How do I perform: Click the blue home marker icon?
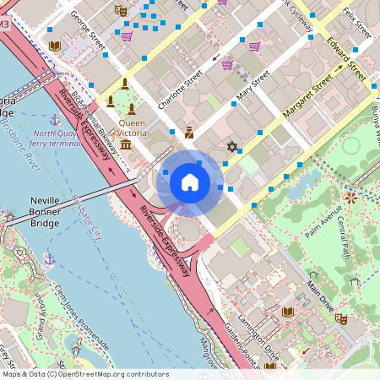pyautogui.click(x=189, y=182)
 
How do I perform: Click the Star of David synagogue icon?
pyautogui.click(x=231, y=146)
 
